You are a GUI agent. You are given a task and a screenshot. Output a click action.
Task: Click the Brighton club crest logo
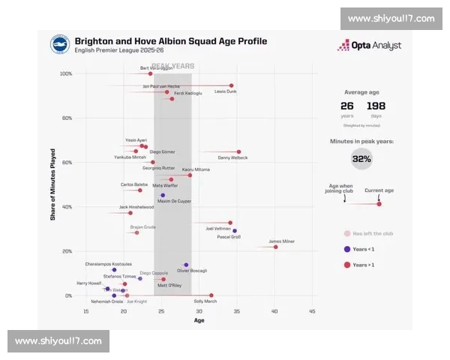click(x=61, y=45)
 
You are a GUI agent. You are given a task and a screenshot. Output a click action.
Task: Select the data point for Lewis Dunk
click(x=231, y=85)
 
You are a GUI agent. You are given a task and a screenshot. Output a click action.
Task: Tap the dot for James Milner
click(x=275, y=247)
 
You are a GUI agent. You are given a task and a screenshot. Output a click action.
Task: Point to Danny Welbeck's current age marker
click(x=238, y=151)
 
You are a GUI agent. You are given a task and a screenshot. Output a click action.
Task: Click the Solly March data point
click(x=211, y=295)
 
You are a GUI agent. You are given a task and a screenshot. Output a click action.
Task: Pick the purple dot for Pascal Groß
click(x=235, y=231)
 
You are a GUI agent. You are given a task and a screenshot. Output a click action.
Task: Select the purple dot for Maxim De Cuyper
click(x=163, y=195)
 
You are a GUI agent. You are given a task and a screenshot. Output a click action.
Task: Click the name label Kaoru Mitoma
click(x=196, y=169)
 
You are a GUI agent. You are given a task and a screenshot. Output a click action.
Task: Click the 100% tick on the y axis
click(x=66, y=73)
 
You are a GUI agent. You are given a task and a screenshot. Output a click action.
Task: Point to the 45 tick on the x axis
click(x=311, y=310)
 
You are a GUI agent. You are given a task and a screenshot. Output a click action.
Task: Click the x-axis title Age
click(x=199, y=321)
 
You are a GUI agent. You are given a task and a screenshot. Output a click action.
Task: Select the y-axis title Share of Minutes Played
click(x=52, y=184)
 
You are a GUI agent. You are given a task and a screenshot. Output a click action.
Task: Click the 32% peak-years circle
click(x=361, y=159)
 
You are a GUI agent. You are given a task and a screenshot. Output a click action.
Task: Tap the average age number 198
click(x=376, y=106)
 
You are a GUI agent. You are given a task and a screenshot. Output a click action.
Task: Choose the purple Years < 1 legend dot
click(x=346, y=249)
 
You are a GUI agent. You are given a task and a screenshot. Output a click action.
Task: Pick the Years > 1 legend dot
click(x=346, y=265)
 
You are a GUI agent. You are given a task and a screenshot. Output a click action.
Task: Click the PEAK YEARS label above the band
click(x=173, y=66)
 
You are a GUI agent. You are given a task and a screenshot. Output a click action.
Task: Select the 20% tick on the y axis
click(x=67, y=251)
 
